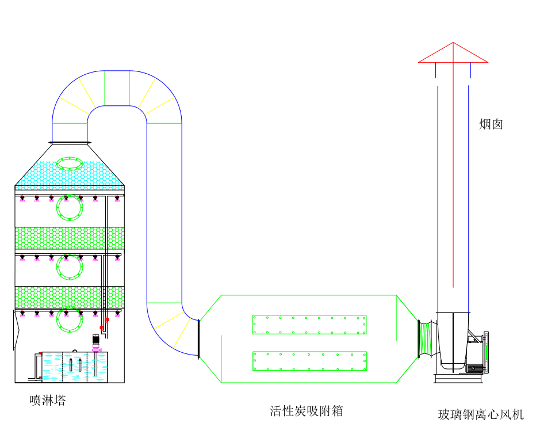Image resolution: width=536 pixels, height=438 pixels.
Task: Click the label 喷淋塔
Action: click(x=48, y=400)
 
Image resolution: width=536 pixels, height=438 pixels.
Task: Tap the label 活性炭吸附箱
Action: click(x=307, y=411)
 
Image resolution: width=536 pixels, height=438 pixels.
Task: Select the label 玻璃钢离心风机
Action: click(x=481, y=414)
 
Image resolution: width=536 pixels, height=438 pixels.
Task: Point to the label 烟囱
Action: click(x=491, y=124)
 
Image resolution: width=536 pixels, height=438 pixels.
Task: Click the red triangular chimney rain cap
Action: click(x=453, y=54)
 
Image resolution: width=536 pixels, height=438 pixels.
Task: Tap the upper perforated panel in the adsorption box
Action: click(x=309, y=325)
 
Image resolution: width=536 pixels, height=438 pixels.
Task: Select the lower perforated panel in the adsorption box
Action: click(x=309, y=361)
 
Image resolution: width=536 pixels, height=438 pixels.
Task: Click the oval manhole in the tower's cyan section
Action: click(x=70, y=163)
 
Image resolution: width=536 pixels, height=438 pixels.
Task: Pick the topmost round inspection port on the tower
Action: click(x=70, y=208)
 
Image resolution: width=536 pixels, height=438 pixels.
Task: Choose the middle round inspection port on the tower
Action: click(x=70, y=266)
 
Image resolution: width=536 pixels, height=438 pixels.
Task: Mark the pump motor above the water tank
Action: click(x=96, y=340)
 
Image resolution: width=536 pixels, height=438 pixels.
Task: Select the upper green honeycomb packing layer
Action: click(x=69, y=238)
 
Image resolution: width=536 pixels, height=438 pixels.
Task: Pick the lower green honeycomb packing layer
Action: click(x=69, y=297)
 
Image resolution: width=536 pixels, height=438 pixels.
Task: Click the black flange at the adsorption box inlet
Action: click(x=198, y=339)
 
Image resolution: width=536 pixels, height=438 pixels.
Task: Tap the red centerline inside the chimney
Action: click(x=453, y=173)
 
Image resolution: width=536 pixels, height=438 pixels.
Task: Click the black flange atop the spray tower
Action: click(x=70, y=142)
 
